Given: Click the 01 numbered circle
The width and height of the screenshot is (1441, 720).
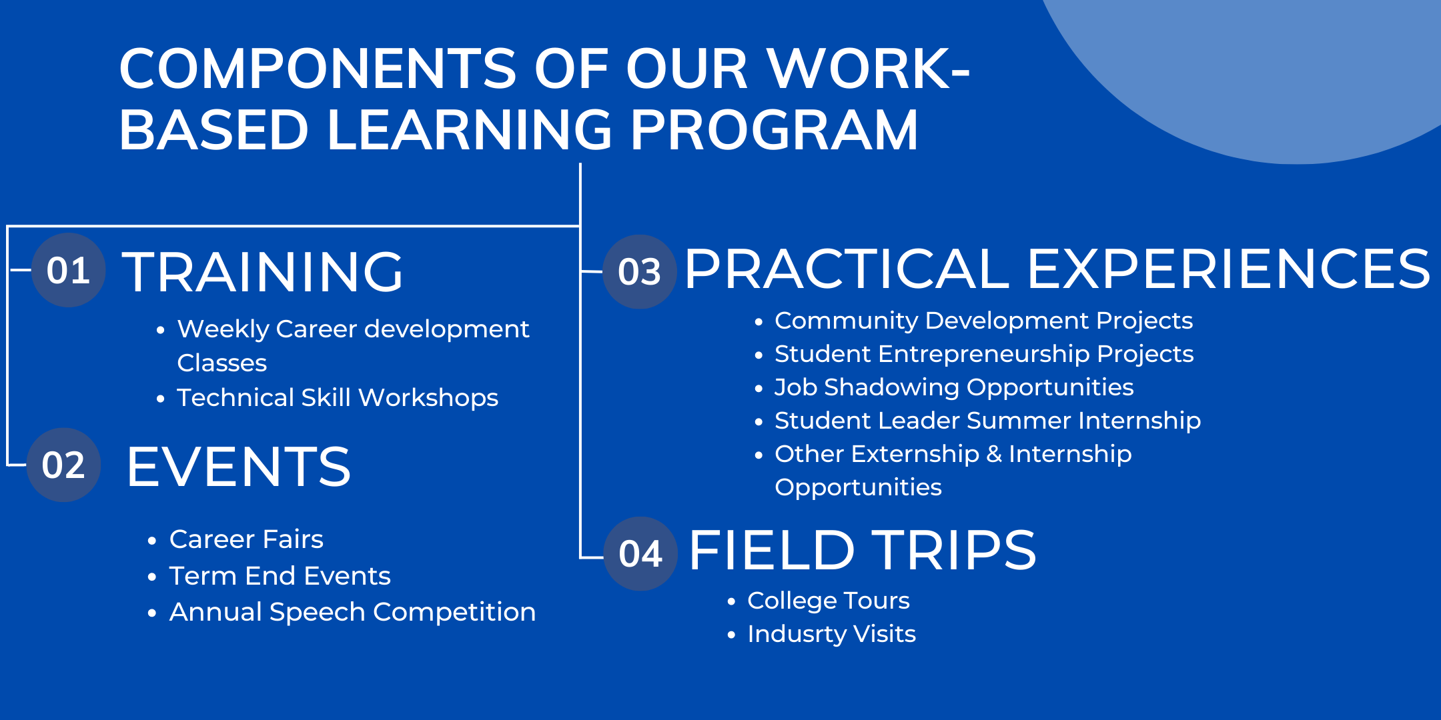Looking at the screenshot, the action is (x=69, y=270).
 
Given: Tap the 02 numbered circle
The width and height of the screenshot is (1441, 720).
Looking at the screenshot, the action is (x=63, y=465).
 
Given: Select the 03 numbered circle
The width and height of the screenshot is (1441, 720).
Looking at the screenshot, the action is (x=640, y=271).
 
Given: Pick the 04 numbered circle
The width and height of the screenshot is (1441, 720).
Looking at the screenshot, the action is (x=640, y=553).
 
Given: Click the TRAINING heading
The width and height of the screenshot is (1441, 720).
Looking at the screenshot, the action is (x=263, y=271).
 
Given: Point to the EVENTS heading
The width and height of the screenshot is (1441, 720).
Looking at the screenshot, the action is (x=238, y=467).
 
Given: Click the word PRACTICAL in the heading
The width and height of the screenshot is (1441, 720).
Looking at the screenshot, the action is (x=847, y=268).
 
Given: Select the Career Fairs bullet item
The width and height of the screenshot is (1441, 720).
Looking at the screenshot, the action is (x=246, y=539).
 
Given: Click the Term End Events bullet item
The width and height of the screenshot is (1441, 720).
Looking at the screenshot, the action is (x=280, y=575).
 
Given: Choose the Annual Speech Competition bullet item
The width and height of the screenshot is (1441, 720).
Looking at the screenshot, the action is (x=352, y=612).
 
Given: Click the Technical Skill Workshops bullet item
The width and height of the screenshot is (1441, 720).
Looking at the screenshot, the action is (x=338, y=397).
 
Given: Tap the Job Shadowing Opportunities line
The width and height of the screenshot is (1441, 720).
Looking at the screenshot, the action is (x=954, y=387).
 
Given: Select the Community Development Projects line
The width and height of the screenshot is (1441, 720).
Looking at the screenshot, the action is (x=983, y=321).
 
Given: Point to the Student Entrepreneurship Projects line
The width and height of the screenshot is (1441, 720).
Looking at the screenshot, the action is (x=984, y=354).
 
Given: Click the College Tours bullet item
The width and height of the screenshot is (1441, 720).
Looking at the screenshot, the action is (x=829, y=600).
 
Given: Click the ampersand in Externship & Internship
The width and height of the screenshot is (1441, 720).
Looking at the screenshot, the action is (x=994, y=454).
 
